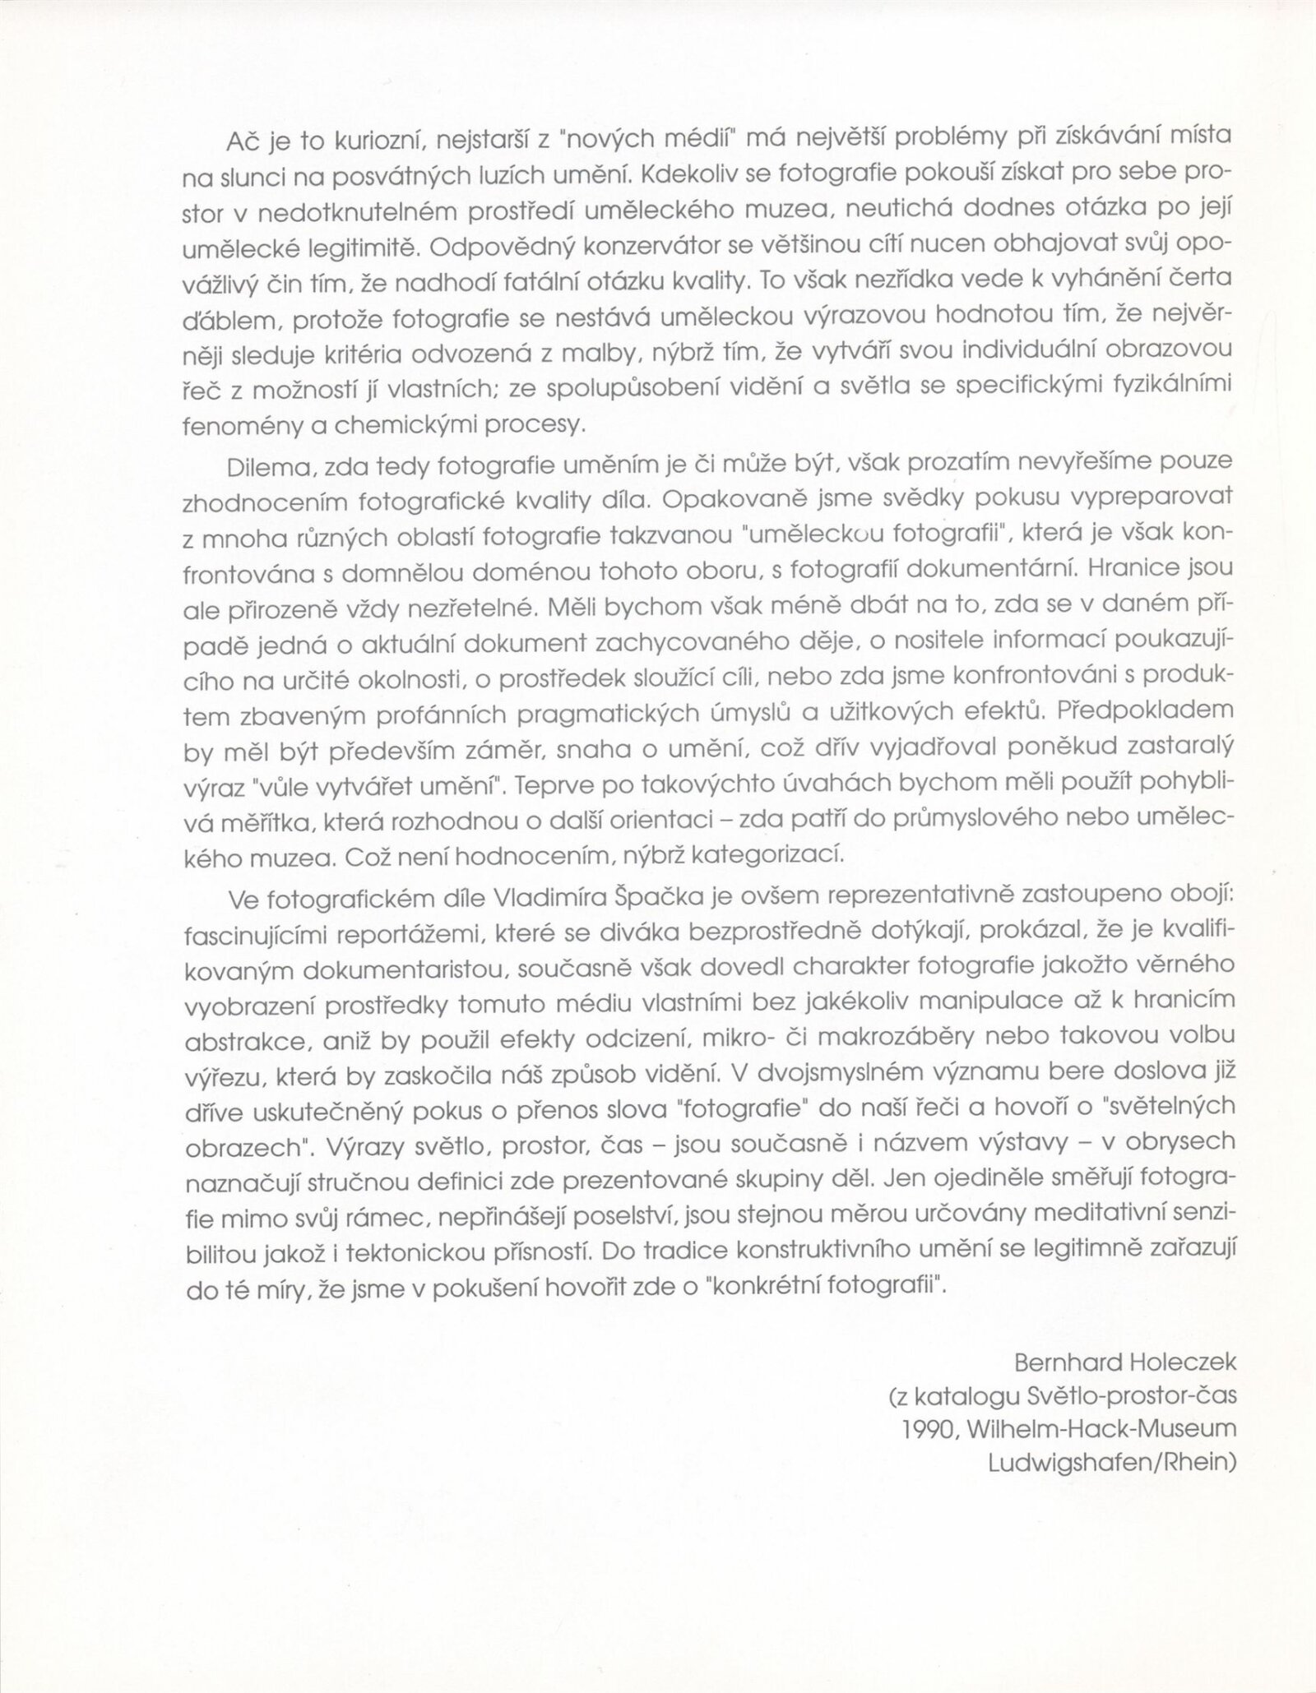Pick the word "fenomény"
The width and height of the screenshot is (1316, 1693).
[x=236, y=423]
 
